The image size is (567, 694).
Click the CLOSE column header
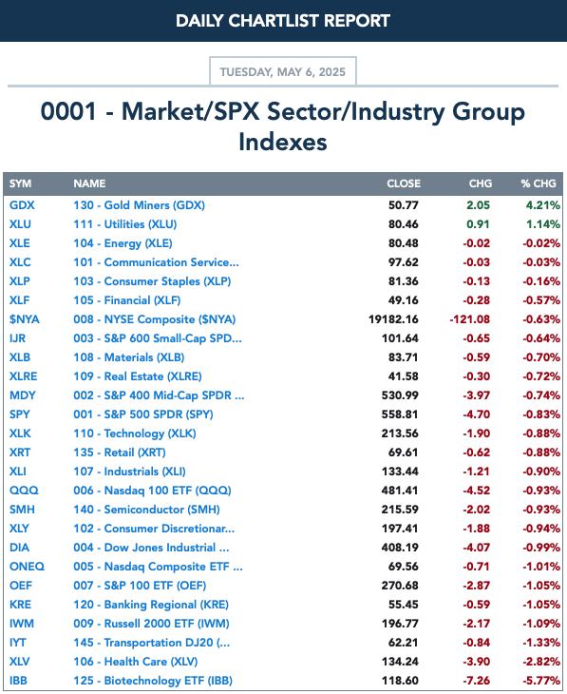tap(404, 183)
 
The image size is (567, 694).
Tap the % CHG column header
tap(539, 183)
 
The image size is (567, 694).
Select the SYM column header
tap(20, 183)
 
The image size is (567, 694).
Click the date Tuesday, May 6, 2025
tap(283, 71)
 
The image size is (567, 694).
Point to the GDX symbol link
tap(22, 205)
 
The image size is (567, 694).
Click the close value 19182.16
tap(393, 319)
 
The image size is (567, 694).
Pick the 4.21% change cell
tap(542, 205)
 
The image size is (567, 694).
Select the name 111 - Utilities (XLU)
tap(125, 224)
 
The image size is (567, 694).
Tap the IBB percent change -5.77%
tap(541, 681)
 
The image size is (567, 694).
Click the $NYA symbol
tap(25, 319)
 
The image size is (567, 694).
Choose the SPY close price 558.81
tap(400, 414)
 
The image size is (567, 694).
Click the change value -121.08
tap(470, 319)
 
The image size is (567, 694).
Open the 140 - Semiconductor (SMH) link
tap(146, 510)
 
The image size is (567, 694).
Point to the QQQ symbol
tap(24, 491)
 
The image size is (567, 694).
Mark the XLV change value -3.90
tap(477, 662)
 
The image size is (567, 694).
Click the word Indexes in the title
tap(283, 142)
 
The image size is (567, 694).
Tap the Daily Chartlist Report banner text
tap(283, 21)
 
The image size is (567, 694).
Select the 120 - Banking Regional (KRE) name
tap(151, 605)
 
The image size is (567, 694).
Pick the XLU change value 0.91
tap(478, 224)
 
